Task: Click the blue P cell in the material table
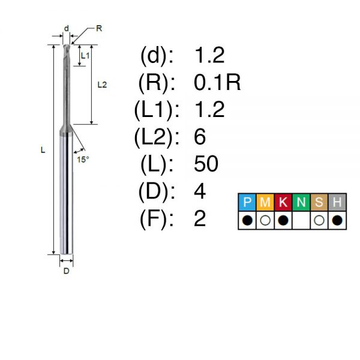247,202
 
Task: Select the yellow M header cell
265,202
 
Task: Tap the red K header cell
283,202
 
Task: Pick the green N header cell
301,202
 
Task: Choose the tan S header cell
319,202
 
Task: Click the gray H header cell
337,202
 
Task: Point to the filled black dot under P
247,220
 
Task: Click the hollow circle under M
265,220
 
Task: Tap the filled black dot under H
337,220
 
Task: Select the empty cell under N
301,220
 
